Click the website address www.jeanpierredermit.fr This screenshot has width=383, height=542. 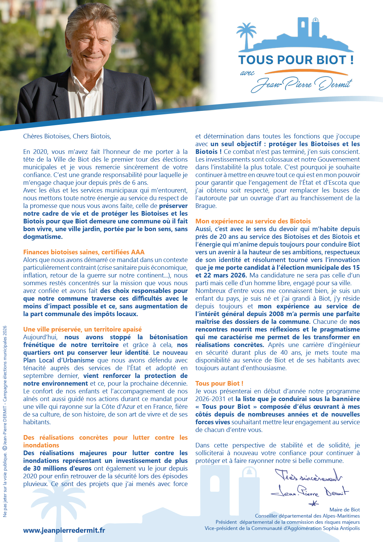pyautogui.click(x=64, y=530)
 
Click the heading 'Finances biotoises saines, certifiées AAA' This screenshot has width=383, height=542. pyautogui.click(x=84, y=252)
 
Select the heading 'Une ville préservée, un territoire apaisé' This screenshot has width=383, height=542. pyautogui.click(x=82, y=329)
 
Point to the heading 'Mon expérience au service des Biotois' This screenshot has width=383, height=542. pyautogui.click(x=253, y=221)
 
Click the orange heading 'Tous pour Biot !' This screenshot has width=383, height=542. pyautogui.click(x=219, y=383)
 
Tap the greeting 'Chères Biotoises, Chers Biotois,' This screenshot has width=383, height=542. pyautogui.click(x=67, y=136)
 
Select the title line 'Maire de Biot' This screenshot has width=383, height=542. pyautogui.click(x=344, y=510)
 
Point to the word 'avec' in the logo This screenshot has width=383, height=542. pyautogui.click(x=247, y=73)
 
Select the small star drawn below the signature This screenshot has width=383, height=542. pyautogui.click(x=314, y=503)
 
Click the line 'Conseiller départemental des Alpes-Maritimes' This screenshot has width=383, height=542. pyautogui.click(x=307, y=516)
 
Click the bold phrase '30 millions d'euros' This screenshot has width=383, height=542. pyautogui.click(x=57, y=468)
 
